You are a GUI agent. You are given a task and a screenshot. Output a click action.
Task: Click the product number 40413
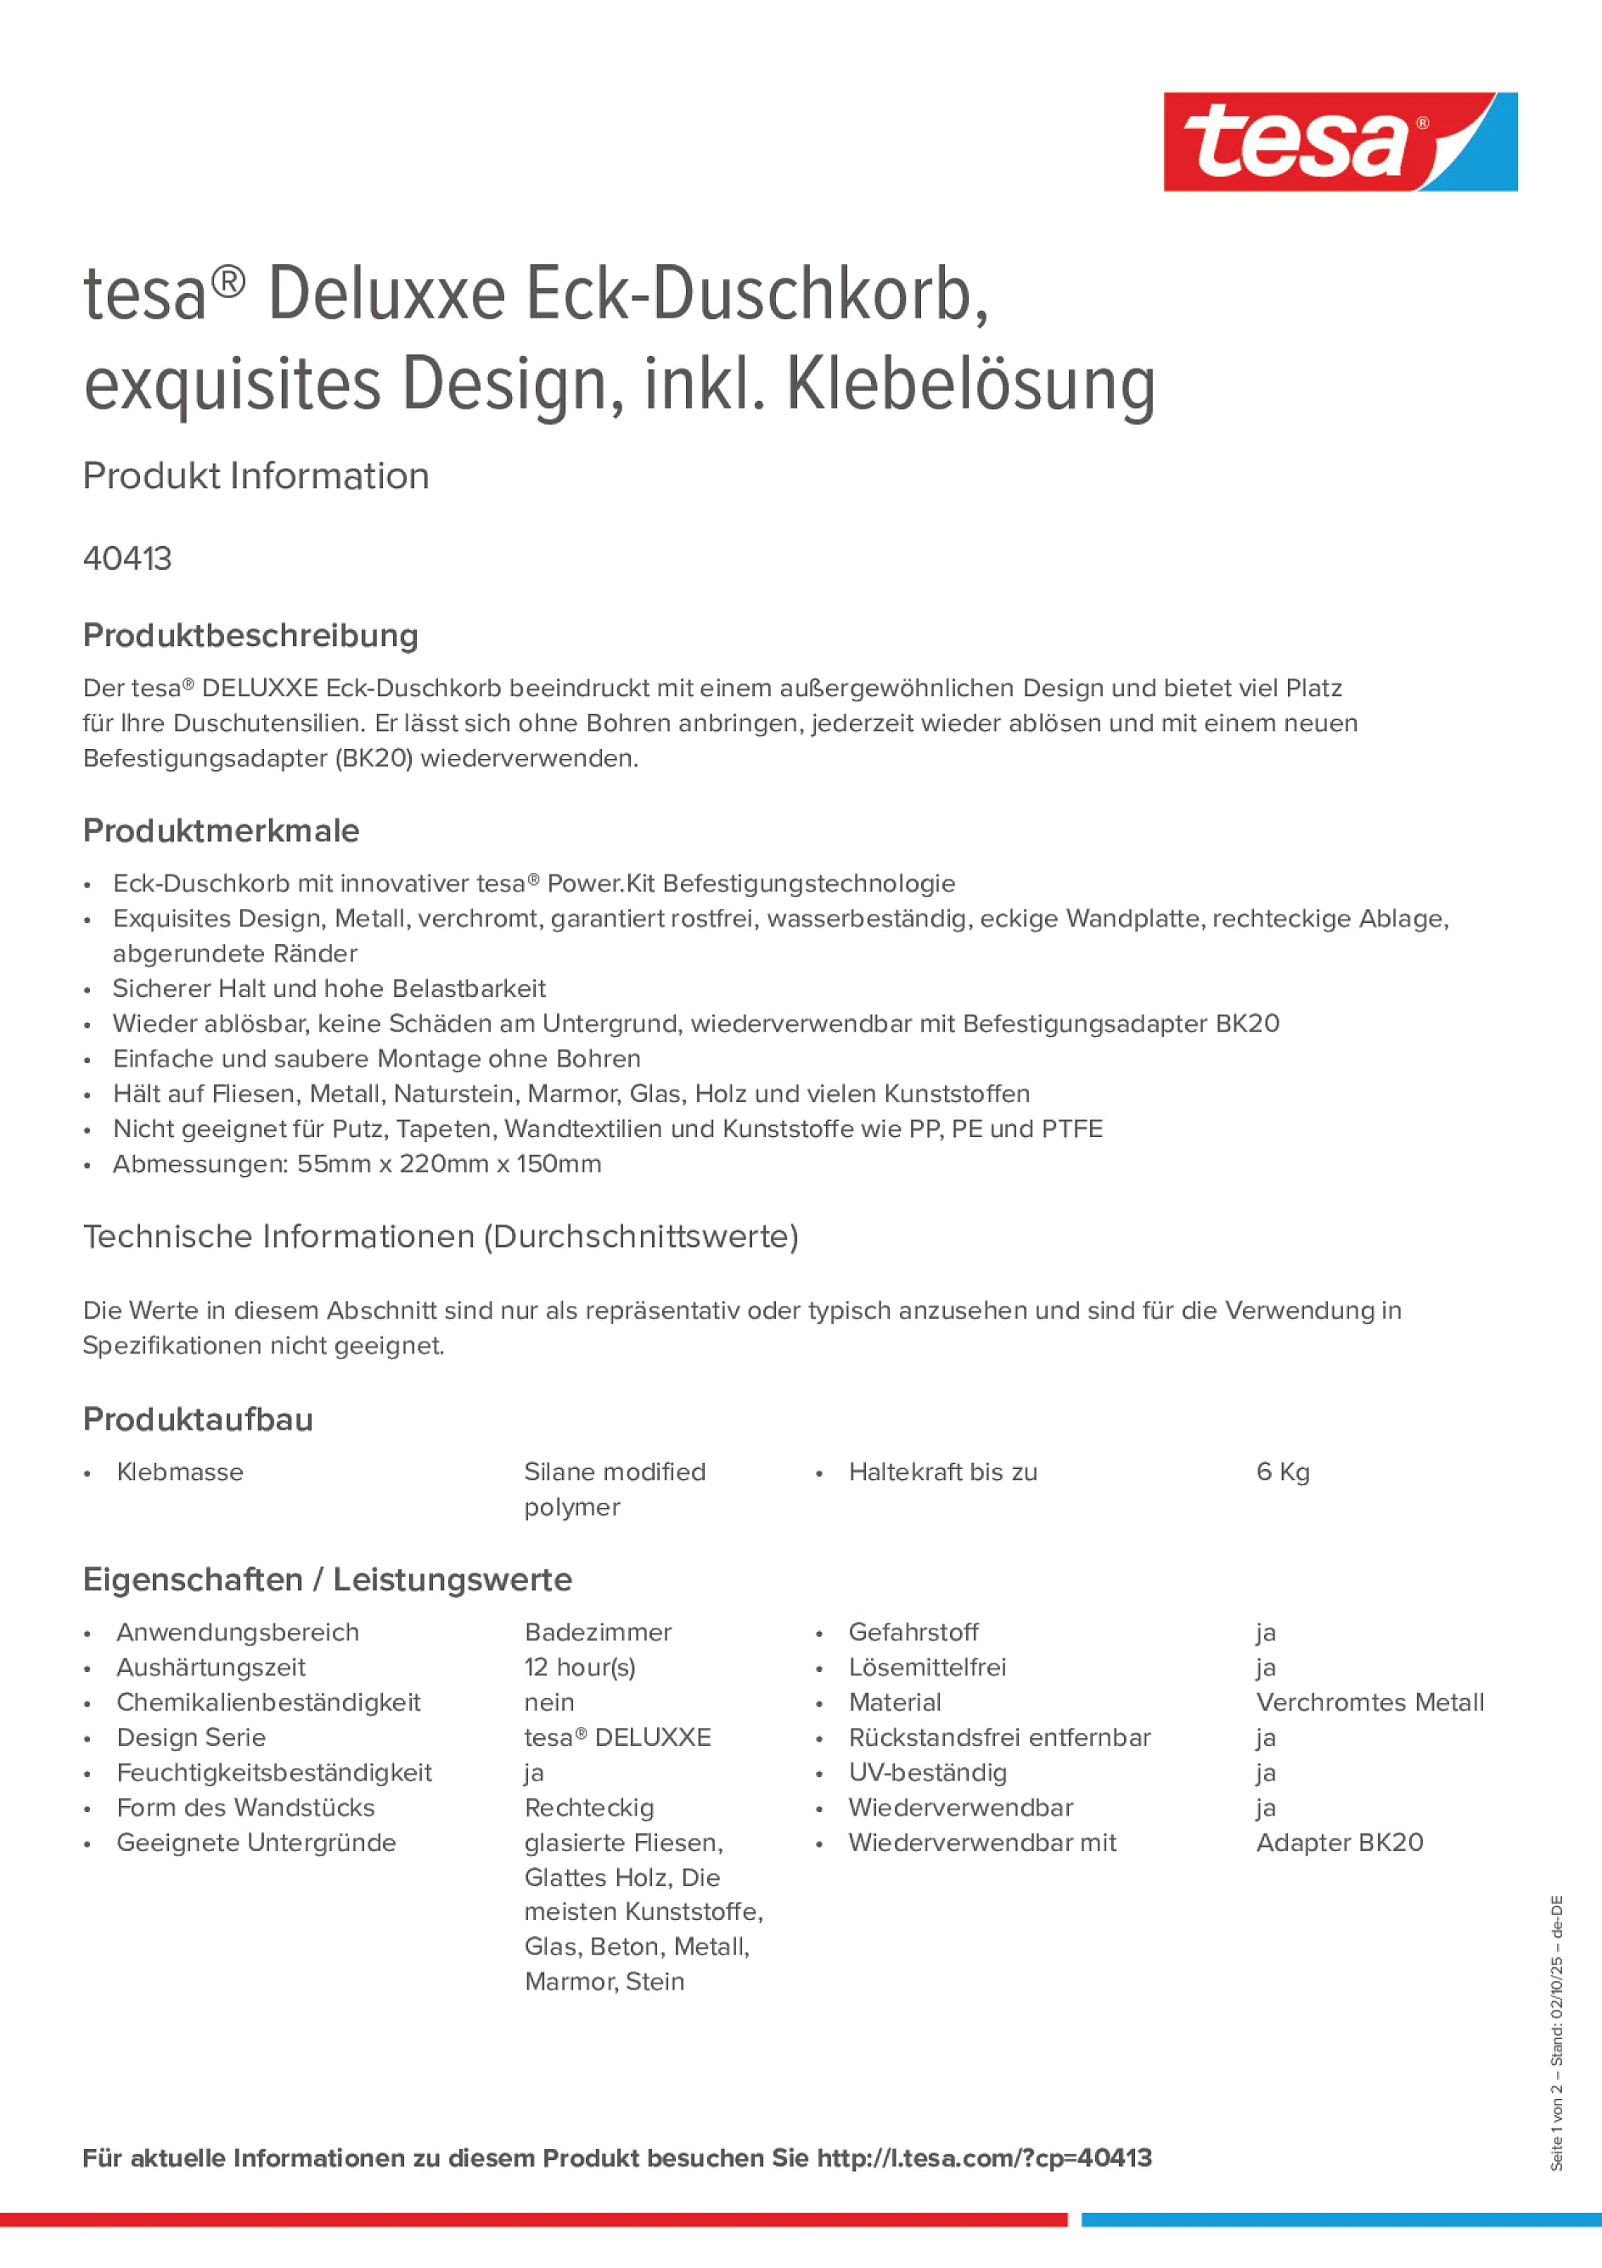[x=127, y=559]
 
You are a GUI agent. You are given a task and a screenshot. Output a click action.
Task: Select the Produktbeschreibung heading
[x=250, y=635]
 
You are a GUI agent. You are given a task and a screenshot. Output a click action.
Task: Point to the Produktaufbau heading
[x=198, y=1420]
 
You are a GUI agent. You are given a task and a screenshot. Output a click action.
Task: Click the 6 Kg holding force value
[x=1282, y=1472]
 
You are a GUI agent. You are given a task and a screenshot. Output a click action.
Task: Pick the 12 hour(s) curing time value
[x=580, y=1668]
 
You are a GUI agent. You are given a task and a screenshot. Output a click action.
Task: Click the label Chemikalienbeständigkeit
[x=267, y=1702]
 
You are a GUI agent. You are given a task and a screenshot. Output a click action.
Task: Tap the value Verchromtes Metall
[x=1369, y=1702]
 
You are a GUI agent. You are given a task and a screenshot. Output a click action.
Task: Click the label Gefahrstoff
[x=913, y=1632]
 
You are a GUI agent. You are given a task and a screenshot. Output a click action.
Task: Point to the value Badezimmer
[x=598, y=1632]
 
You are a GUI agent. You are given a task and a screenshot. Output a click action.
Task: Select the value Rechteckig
[x=588, y=1808]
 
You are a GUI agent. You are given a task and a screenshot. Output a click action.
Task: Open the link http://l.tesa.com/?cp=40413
[x=984, y=2158]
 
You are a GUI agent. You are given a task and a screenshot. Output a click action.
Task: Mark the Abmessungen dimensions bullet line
[x=357, y=1163]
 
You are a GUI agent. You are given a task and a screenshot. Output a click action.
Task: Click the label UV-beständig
[x=927, y=1772]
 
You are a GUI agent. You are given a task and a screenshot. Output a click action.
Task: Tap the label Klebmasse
[x=180, y=1472]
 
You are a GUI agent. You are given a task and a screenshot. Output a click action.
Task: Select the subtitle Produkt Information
[x=256, y=476]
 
